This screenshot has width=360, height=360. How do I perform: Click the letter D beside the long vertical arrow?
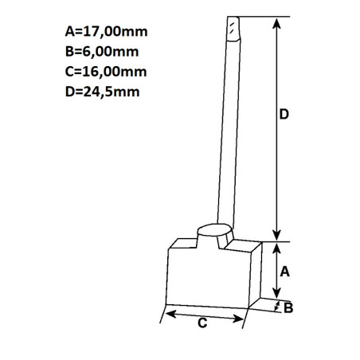pyautogui.click(x=284, y=115)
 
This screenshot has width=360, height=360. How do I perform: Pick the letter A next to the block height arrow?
pyautogui.click(x=284, y=271)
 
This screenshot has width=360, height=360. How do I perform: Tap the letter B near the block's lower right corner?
pyautogui.click(x=288, y=307)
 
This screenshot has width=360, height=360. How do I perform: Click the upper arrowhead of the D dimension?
pyautogui.click(x=276, y=23)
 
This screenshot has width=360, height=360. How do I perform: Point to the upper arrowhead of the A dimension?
pyautogui.click(x=276, y=247)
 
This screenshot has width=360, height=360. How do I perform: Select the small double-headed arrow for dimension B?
pyautogui.click(x=276, y=307)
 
